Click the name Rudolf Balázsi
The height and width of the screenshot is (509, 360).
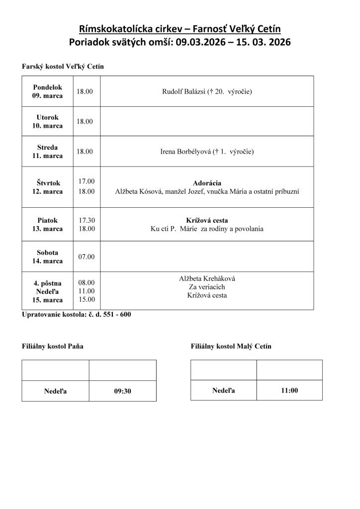(184, 91)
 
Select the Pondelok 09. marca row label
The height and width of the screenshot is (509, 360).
(48, 91)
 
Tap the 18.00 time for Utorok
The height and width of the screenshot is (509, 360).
(85, 121)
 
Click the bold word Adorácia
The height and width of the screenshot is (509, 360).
(207, 183)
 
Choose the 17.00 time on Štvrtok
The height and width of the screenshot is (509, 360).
(86, 181)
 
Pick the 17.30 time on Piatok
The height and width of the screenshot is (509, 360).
(86, 220)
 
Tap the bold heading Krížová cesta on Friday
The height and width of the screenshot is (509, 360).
(207, 220)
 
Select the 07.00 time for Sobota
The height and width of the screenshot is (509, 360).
(86, 256)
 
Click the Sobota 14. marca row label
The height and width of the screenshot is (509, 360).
(48, 256)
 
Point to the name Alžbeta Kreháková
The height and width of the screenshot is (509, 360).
(207, 279)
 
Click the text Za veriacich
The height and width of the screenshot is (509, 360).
(207, 287)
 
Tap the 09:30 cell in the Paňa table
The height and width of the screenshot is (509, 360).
(122, 391)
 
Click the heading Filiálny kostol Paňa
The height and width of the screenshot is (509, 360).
(52, 346)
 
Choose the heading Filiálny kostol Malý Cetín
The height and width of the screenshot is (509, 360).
(231, 346)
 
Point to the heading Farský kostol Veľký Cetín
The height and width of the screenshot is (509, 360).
(63, 66)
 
